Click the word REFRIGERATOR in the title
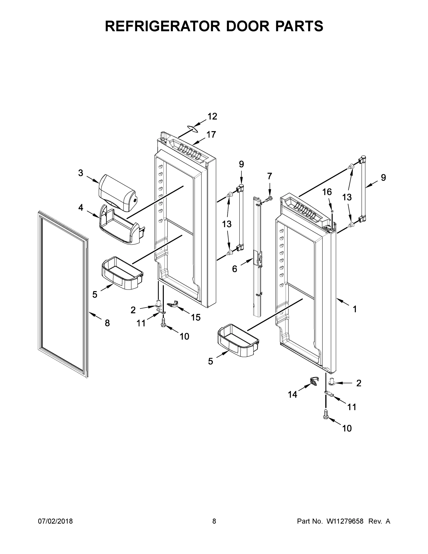[162, 26]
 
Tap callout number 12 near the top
[212, 116]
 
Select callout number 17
[211, 134]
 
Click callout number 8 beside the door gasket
[107, 323]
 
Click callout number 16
[327, 192]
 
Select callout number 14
[292, 394]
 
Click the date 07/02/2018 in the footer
[55, 521]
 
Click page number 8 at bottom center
[214, 521]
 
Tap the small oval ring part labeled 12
[192, 129]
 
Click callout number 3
[80, 173]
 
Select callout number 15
[196, 317]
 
